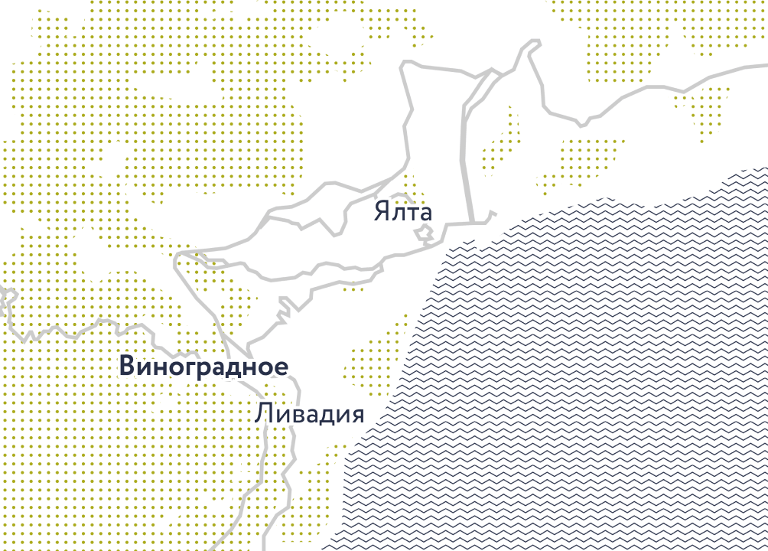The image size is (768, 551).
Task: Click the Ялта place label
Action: (x=403, y=211)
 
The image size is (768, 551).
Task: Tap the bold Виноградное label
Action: (x=204, y=367)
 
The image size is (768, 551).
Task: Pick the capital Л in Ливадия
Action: (x=265, y=414)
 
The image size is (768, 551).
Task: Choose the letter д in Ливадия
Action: (x=324, y=416)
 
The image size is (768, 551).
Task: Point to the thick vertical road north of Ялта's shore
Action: (x=464, y=153)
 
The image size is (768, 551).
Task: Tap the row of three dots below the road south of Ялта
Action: (x=353, y=290)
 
